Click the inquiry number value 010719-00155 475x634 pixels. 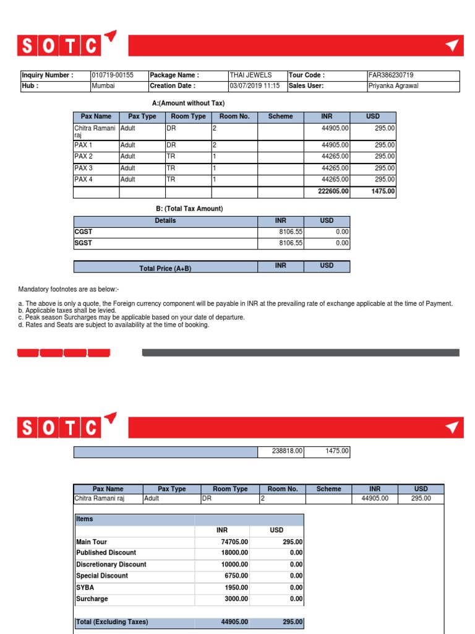click(113, 76)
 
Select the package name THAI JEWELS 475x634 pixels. click(250, 76)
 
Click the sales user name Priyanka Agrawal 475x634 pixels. click(393, 86)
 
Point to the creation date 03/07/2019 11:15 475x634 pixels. click(254, 86)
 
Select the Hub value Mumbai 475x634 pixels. click(103, 86)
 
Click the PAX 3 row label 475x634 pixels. click(83, 168)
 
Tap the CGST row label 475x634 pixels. click(83, 232)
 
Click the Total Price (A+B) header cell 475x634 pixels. click(165, 267)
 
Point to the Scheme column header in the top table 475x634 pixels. click(280, 117)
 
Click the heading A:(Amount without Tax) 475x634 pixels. click(188, 103)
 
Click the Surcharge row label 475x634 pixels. click(92, 599)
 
